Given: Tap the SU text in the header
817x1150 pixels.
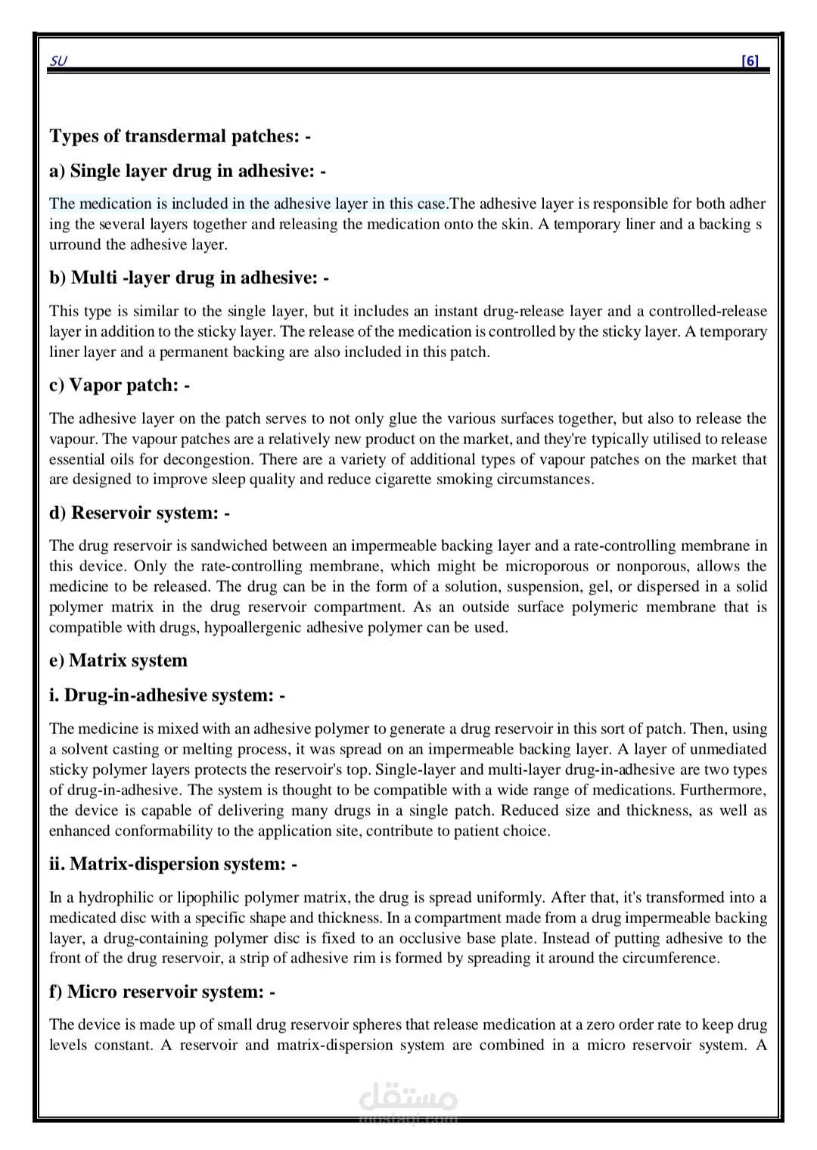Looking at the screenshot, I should point(57,61).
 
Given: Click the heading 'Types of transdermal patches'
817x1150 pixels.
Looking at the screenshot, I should point(180,136).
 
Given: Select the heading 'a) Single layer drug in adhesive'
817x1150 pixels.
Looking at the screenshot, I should point(188,171).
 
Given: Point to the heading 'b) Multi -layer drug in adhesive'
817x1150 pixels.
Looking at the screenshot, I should point(189,278).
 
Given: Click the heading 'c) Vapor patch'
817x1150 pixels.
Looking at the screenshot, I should point(120,385).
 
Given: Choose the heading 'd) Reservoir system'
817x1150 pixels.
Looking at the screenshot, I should point(139,513).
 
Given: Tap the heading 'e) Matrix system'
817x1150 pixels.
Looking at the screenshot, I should point(118,660).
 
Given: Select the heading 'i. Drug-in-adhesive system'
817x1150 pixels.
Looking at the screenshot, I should point(167,695).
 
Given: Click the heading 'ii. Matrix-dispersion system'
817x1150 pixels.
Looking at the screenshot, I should point(173,864).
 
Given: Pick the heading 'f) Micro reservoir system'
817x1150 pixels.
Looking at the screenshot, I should point(163,992).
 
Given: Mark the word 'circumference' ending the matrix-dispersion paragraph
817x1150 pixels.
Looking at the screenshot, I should point(667,958).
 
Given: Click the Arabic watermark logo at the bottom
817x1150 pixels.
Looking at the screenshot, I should point(407,1096).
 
